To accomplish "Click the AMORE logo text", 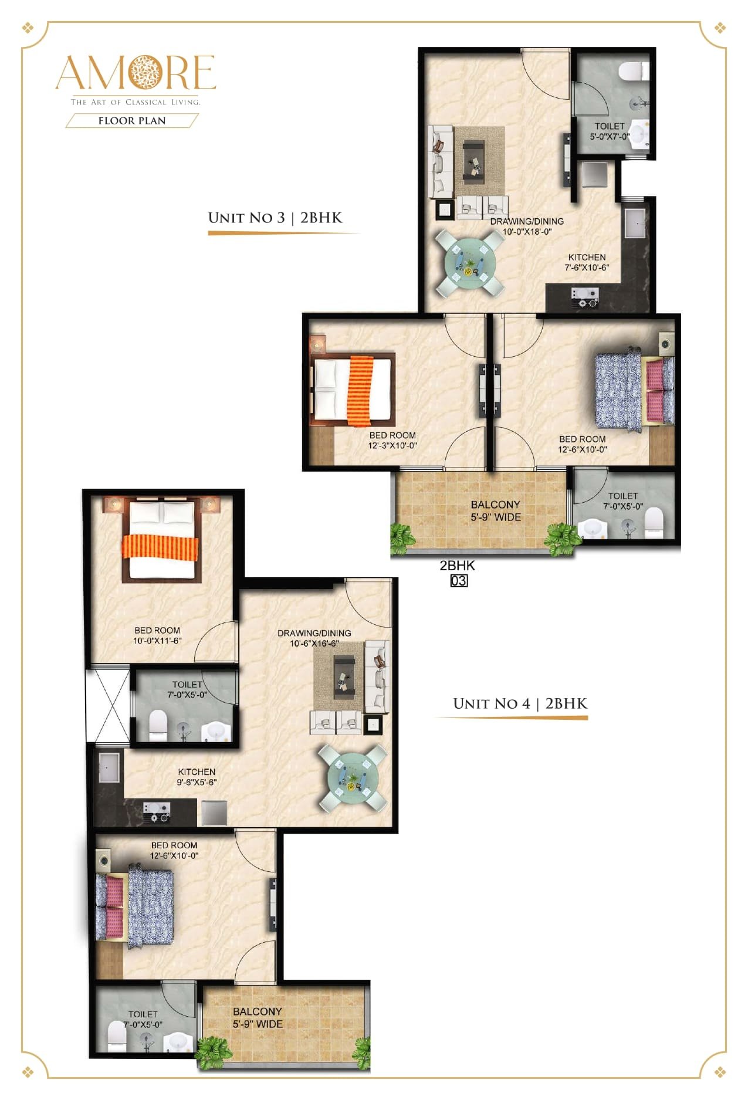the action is pos(136,73).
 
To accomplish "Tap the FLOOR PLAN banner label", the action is pos(132,121).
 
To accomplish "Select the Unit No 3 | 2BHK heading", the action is pos(275,218).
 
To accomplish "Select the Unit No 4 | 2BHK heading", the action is pos(520,703).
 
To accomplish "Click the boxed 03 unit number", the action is pos(459,581).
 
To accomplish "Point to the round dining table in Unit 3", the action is pos(469,262).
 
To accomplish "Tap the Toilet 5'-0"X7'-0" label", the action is pos(610,131).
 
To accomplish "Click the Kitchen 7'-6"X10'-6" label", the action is pos(587,262).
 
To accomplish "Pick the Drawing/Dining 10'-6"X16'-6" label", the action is pos(314,638).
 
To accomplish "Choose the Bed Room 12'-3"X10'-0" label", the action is pos(392,441).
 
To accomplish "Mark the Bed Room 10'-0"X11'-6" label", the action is pos(157,635).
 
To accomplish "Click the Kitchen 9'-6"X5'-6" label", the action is pos(197,777).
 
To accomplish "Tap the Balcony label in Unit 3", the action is pos(496,510).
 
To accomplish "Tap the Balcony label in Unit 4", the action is pos(258,1017).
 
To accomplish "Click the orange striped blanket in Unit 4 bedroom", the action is pos(161,547).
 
